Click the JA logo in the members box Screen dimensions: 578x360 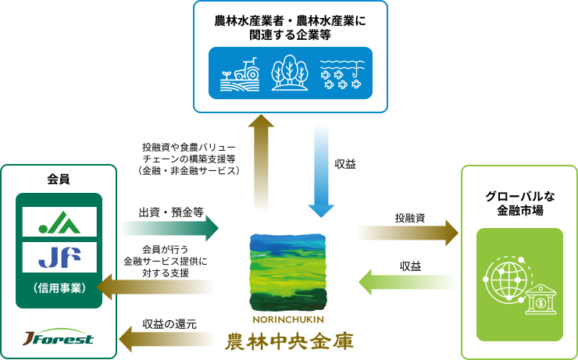pos(59,223)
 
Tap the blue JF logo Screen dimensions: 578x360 pos(59,257)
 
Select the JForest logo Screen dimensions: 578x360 pos(59,337)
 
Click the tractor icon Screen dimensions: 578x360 pos(240,74)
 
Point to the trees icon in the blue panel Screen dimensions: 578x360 pos(289,73)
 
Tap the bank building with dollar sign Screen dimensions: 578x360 pos(541,299)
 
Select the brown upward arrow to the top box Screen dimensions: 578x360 pos(261,162)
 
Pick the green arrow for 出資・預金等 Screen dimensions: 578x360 pos(169,228)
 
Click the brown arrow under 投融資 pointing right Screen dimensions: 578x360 pos(408,233)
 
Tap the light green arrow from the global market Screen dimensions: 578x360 pos(408,282)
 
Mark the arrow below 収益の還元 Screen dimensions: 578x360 pos(166,339)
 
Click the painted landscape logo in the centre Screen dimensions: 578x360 pos(288,273)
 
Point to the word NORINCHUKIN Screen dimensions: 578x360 pos(288,319)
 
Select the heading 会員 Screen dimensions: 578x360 pos(59,180)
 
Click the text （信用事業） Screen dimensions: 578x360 pos(59,288)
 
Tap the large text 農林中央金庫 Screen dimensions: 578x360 pos(289,341)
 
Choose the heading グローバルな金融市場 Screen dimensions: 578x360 pos(519,203)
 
